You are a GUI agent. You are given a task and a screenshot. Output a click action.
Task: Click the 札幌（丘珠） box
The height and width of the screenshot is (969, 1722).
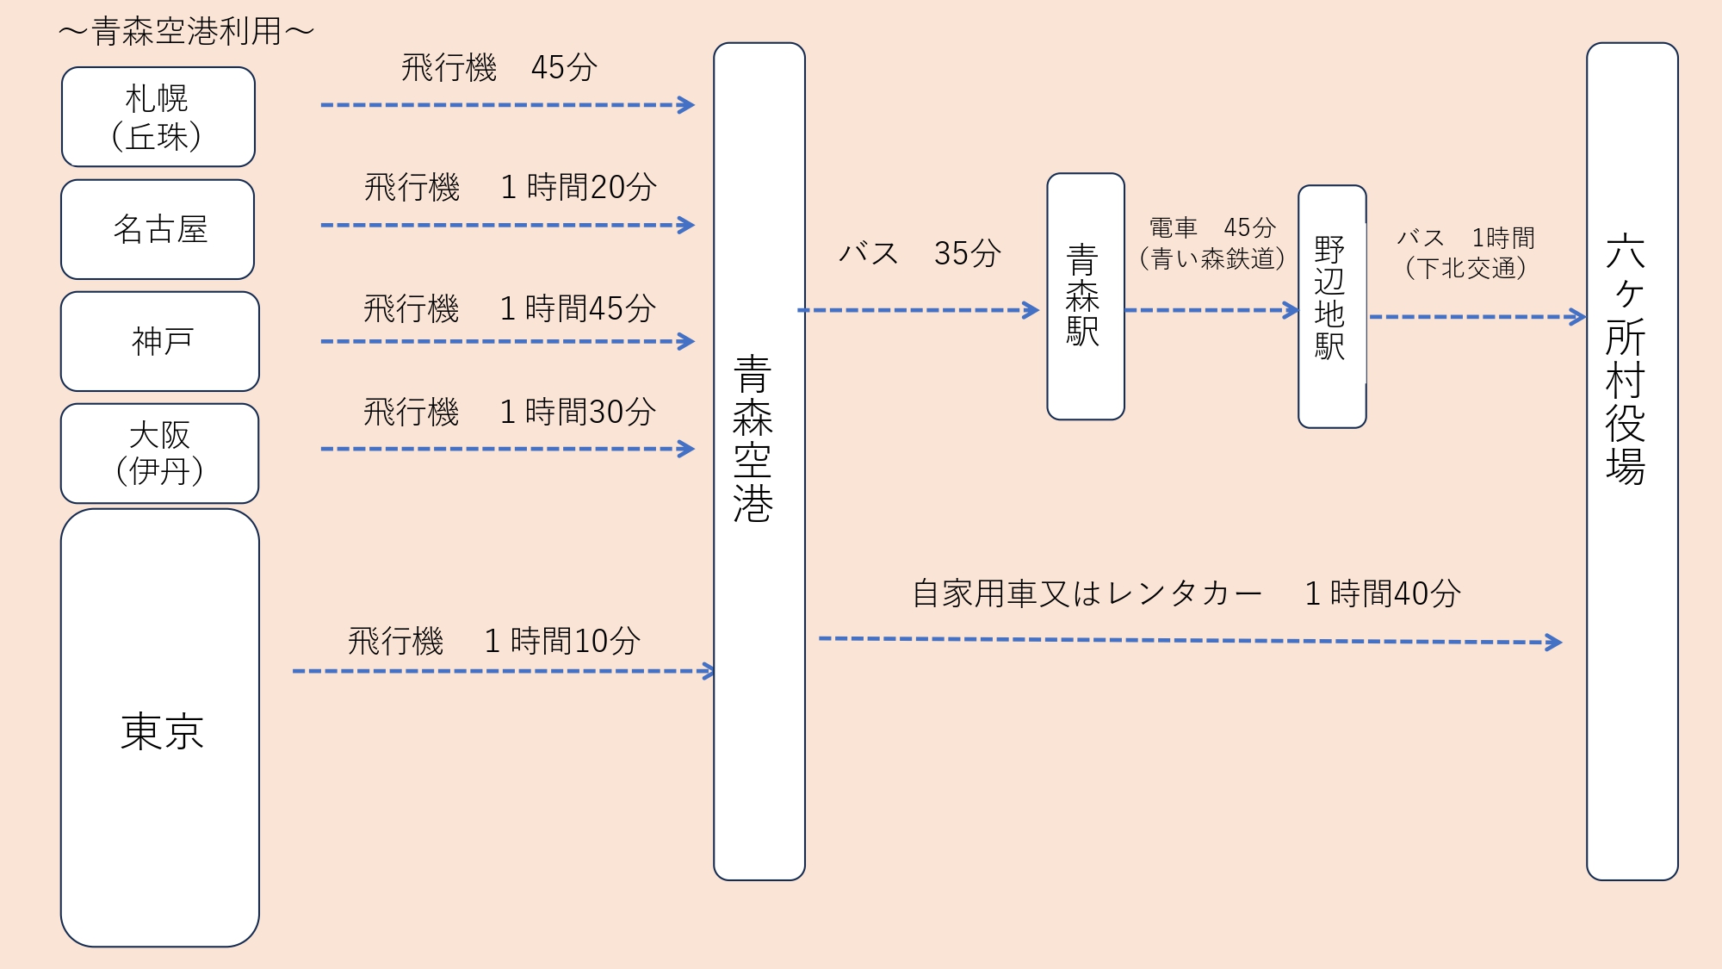[x=158, y=117]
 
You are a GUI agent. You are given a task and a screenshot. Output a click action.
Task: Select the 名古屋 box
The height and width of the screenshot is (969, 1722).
[x=158, y=229]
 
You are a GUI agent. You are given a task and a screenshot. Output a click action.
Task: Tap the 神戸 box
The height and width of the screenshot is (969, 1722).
[x=160, y=341]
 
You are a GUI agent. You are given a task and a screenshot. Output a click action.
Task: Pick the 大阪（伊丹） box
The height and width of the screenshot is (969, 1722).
[x=160, y=453]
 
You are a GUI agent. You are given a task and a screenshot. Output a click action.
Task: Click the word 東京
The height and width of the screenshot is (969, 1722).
[x=162, y=732]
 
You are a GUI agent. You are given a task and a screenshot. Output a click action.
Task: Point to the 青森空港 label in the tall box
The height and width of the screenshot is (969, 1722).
[x=753, y=439]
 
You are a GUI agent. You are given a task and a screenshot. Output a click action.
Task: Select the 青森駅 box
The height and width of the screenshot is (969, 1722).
[x=1084, y=295]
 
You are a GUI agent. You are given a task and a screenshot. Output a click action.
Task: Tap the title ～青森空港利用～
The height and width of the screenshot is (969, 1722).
[x=186, y=33]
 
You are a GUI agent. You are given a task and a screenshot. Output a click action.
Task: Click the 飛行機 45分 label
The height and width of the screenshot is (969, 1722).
[x=499, y=67]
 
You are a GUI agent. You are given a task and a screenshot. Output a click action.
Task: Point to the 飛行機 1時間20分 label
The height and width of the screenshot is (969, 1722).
[x=510, y=187]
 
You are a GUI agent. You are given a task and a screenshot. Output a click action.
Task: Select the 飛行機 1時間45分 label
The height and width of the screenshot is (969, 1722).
[x=510, y=308]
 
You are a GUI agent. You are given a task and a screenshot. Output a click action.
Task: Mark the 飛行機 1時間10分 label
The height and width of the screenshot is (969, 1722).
[x=494, y=641]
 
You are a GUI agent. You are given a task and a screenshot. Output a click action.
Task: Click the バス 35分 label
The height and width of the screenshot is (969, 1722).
[x=920, y=253]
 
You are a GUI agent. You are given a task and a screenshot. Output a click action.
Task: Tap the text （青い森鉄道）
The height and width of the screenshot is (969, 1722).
[x=1212, y=258]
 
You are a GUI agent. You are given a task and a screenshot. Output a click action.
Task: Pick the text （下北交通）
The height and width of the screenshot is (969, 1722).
[x=1465, y=268]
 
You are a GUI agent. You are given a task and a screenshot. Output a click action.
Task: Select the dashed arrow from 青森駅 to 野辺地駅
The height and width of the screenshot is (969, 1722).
[x=1211, y=310]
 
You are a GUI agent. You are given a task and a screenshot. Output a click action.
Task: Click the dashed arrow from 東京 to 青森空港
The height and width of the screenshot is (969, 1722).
[x=503, y=671]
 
